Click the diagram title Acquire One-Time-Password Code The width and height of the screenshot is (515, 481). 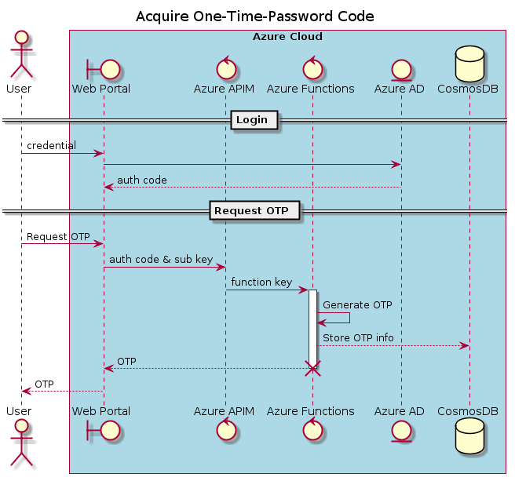click(x=254, y=16)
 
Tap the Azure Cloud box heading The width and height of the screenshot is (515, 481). click(x=287, y=37)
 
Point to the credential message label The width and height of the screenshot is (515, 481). click(x=51, y=146)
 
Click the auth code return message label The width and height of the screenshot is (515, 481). click(x=141, y=180)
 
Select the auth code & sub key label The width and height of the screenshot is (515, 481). click(x=161, y=259)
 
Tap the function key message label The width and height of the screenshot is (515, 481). click(x=261, y=282)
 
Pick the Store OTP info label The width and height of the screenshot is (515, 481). click(x=358, y=337)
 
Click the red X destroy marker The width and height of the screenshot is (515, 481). click(x=312, y=368)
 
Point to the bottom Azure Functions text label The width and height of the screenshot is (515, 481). click(x=310, y=411)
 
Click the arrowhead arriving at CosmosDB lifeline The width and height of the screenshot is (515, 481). click(x=464, y=345)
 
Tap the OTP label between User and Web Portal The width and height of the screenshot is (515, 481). click(x=44, y=384)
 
